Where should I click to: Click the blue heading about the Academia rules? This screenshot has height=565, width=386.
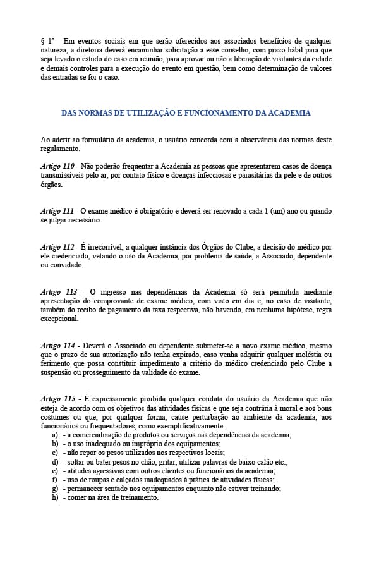(186, 113)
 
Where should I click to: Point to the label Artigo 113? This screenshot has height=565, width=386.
(58, 291)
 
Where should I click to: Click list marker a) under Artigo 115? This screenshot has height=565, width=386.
(56, 435)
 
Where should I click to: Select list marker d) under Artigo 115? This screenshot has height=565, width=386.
(56, 462)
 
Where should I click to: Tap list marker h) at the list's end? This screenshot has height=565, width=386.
(56, 497)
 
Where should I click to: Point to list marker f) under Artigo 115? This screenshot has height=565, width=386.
(56, 480)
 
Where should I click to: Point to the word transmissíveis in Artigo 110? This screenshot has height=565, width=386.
(64, 175)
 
